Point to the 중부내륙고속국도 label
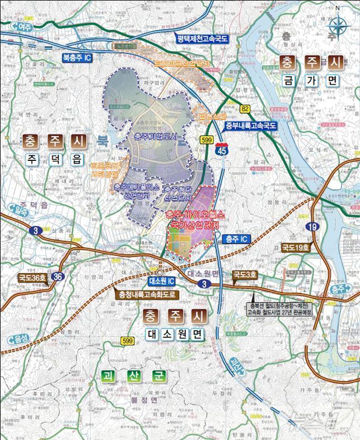(x=251, y=126)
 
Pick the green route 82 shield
(x=245, y=108)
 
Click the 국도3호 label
(x=245, y=275)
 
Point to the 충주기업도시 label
(x=156, y=136)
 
